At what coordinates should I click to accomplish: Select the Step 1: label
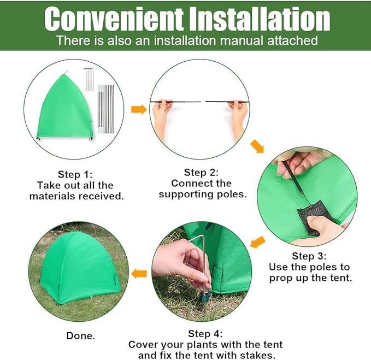tap(77, 174)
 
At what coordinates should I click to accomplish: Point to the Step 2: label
tap(202, 172)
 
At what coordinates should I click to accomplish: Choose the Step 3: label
tap(310, 256)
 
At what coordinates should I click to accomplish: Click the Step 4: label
tap(205, 333)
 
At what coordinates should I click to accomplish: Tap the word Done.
tap(80, 335)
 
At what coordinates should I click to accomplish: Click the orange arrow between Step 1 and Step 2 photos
tap(139, 109)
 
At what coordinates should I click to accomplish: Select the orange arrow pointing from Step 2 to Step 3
tap(257, 146)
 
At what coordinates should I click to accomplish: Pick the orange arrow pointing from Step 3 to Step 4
tap(257, 241)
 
